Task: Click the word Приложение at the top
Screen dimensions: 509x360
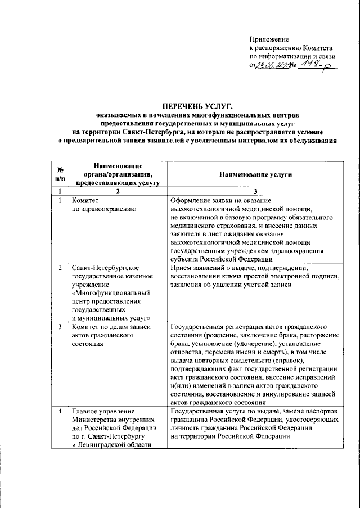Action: (269, 40)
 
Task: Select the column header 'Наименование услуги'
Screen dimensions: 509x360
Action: (256, 174)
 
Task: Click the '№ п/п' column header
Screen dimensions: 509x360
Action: (58, 174)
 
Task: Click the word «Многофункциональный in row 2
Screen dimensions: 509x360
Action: (109, 292)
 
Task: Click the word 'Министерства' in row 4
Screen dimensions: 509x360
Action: (96, 421)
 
